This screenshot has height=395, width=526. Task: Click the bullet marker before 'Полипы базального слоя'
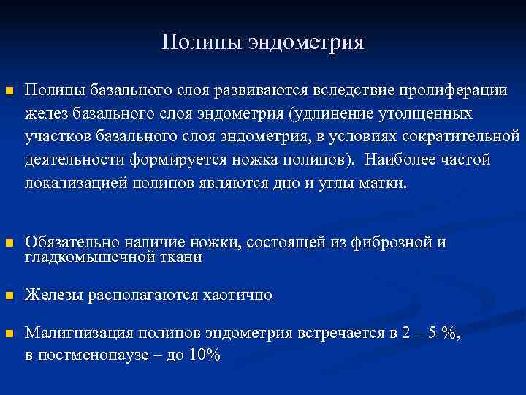9,91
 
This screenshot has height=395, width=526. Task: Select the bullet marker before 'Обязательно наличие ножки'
9,244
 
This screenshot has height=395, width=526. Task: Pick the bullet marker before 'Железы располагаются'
9,296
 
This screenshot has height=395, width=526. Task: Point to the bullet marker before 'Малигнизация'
9,334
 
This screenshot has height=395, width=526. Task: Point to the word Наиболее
399,159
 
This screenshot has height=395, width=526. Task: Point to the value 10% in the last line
205,355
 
